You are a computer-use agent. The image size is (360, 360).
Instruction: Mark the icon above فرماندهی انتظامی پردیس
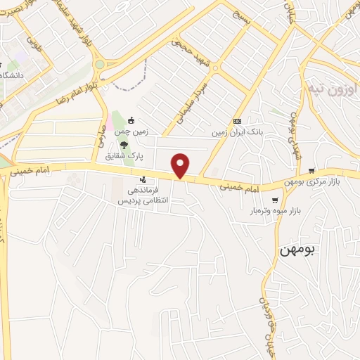pos(143,180)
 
